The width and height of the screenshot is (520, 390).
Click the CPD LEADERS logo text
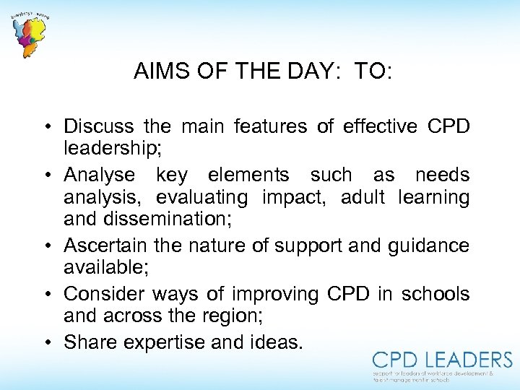[442, 360]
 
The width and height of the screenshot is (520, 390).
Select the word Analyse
[99, 175]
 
